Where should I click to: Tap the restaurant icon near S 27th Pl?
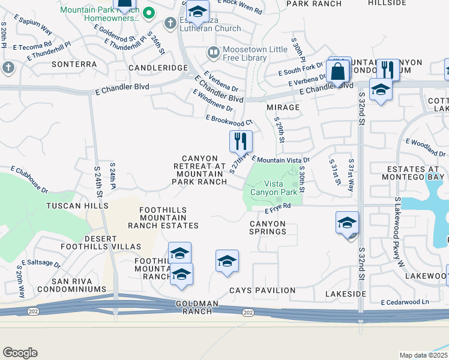tap(241, 142)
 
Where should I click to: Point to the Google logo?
tap(20, 353)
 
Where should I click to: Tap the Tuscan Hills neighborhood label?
tap(77, 205)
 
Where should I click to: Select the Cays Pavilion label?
tap(262, 290)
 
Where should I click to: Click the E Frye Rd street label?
tap(278, 207)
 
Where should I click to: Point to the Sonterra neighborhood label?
tap(74, 64)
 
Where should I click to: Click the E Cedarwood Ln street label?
tap(406, 302)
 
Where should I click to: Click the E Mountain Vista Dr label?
tap(280, 160)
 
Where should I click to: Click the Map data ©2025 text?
tap(424, 355)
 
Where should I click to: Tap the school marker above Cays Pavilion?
tap(226, 262)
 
